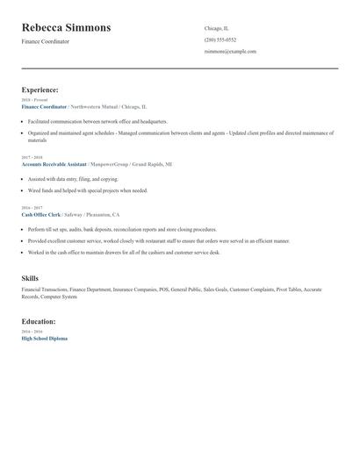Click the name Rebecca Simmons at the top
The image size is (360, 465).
(x=67, y=28)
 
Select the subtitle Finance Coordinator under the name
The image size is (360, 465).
(x=46, y=42)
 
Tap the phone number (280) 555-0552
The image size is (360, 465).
(x=220, y=40)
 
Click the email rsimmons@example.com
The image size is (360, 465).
(x=230, y=52)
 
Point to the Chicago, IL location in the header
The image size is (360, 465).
(x=216, y=28)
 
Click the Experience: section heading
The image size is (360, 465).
(x=40, y=90)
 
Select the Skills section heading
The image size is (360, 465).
(x=30, y=278)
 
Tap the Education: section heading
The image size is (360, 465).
(x=40, y=321)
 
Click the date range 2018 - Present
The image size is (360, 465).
(x=35, y=100)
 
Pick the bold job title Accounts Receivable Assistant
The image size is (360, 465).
(x=54, y=164)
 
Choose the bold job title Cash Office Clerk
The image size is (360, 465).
(x=41, y=214)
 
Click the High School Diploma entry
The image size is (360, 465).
(x=44, y=339)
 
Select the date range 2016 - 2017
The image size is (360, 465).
(x=32, y=208)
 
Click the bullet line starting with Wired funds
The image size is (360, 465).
(x=88, y=190)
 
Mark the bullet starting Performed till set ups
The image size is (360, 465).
(x=122, y=229)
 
